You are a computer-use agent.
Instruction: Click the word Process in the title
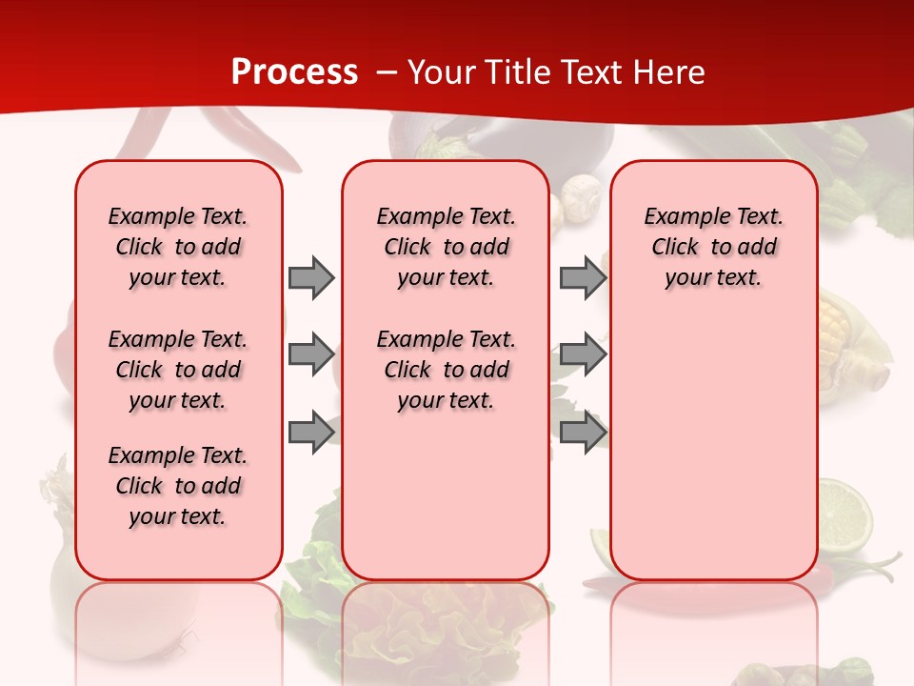coord(294,71)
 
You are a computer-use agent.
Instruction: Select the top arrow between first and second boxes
coord(311,277)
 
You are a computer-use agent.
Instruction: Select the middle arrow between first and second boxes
coord(311,354)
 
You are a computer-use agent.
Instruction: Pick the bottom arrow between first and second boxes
coord(311,433)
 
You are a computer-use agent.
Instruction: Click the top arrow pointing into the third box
coord(583,277)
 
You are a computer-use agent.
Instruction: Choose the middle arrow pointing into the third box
coord(583,354)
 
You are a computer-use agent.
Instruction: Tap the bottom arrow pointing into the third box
coord(583,433)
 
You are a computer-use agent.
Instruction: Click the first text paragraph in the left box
coord(178,247)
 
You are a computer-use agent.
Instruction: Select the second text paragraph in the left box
coord(178,370)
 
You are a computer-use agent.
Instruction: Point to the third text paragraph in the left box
coord(178,486)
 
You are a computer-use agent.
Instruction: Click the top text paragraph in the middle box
coord(446,247)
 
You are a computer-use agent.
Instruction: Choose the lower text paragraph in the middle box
coord(446,370)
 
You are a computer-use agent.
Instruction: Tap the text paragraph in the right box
coord(713,247)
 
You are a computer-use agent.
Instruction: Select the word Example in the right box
coord(679,216)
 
